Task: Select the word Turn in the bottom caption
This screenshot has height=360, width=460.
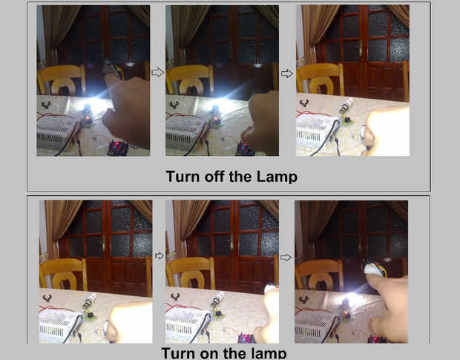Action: [177, 353]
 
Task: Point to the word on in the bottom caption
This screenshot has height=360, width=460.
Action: [208, 354]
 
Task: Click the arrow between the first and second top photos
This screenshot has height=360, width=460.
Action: [157, 72]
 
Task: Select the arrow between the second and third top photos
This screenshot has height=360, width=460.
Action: [287, 73]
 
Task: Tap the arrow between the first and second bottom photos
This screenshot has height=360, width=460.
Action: [159, 255]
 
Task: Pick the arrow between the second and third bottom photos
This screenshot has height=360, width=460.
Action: [286, 258]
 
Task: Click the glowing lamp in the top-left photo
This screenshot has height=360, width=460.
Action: [87, 108]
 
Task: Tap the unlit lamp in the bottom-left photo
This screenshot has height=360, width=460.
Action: [89, 301]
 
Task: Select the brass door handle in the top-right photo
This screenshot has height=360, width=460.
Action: [361, 48]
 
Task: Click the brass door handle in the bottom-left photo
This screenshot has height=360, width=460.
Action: [103, 243]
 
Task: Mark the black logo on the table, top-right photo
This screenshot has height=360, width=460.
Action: [304, 103]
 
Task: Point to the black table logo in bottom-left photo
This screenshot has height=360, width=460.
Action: [47, 298]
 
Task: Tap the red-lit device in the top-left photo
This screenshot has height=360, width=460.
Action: [118, 148]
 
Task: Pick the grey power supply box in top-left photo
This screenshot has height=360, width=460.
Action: [57, 133]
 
